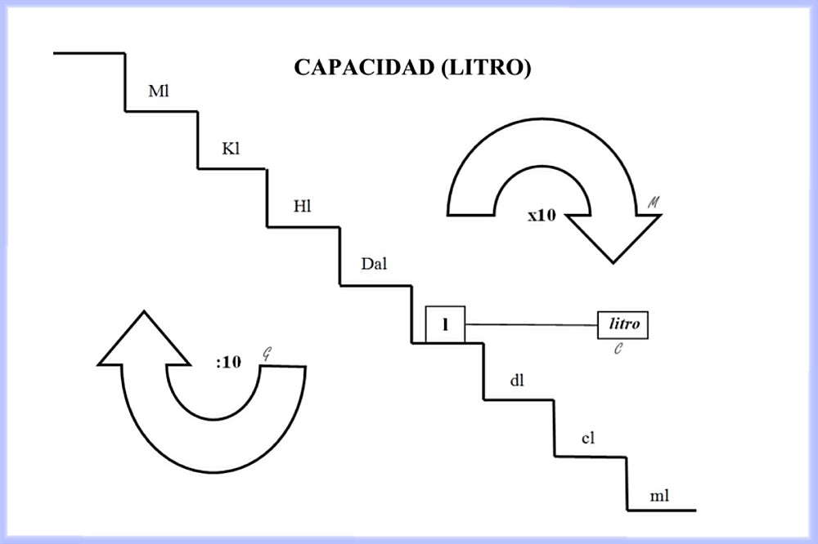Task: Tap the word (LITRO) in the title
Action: pyautogui.click(x=485, y=68)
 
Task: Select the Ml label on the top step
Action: pyautogui.click(x=157, y=90)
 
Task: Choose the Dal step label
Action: pyautogui.click(x=373, y=264)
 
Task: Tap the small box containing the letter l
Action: pyautogui.click(x=445, y=324)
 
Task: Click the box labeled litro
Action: pyautogui.click(x=623, y=324)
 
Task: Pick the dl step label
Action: pyautogui.click(x=516, y=381)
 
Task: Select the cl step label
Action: pyautogui.click(x=587, y=438)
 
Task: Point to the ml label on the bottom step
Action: pyautogui.click(x=659, y=496)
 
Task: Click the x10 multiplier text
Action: pyautogui.click(x=542, y=217)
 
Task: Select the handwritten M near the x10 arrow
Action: pyautogui.click(x=653, y=200)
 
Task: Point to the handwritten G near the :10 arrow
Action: pyautogui.click(x=266, y=354)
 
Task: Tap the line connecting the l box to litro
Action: pyautogui.click(x=532, y=324)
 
